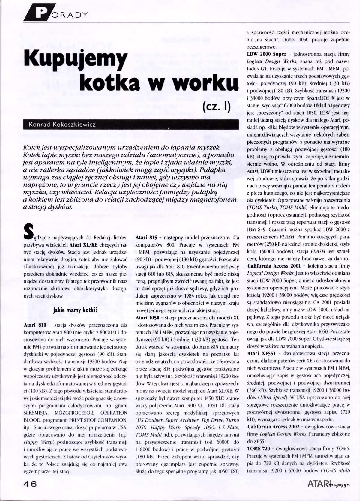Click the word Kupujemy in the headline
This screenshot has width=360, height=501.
(x=76, y=59)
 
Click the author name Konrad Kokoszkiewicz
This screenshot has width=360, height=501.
(x=62, y=124)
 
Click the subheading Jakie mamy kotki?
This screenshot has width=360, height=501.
(x=75, y=310)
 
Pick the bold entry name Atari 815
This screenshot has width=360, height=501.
(x=146, y=238)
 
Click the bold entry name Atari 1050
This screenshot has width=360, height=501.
(x=147, y=318)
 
